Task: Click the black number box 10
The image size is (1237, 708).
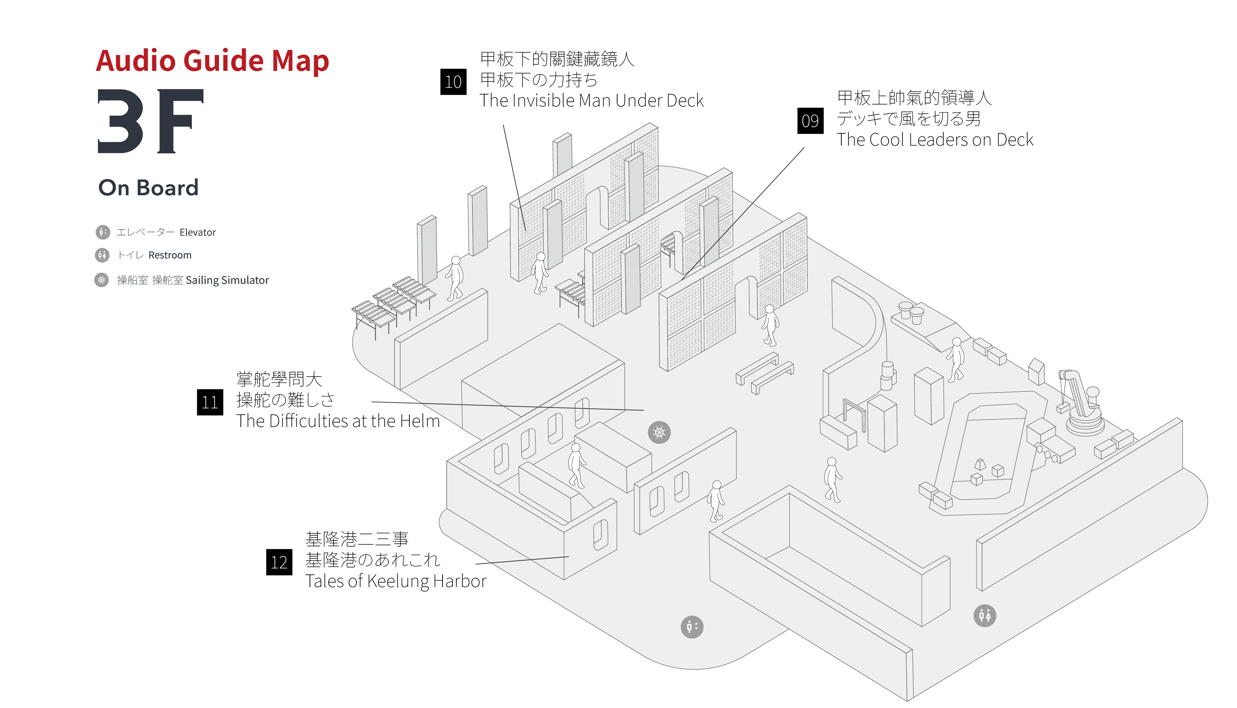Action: click(453, 82)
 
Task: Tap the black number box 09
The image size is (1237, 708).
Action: click(810, 121)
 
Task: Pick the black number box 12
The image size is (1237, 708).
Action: click(279, 562)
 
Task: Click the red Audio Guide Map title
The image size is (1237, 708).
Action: click(213, 61)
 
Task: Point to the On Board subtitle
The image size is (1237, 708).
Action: click(149, 188)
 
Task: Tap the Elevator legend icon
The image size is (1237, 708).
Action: click(103, 232)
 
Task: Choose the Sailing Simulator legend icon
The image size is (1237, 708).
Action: click(102, 280)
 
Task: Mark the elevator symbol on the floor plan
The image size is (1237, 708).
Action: click(691, 627)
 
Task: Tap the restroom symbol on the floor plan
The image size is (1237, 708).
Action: click(985, 616)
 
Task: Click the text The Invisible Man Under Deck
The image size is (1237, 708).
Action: click(591, 100)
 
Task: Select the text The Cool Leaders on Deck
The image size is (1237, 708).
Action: click(934, 140)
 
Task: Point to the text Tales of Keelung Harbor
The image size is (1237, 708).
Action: click(396, 581)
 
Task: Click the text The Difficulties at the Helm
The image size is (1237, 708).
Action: click(338, 421)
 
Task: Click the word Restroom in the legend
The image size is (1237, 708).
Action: click(170, 255)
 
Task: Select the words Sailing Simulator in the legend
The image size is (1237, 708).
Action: click(227, 281)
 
